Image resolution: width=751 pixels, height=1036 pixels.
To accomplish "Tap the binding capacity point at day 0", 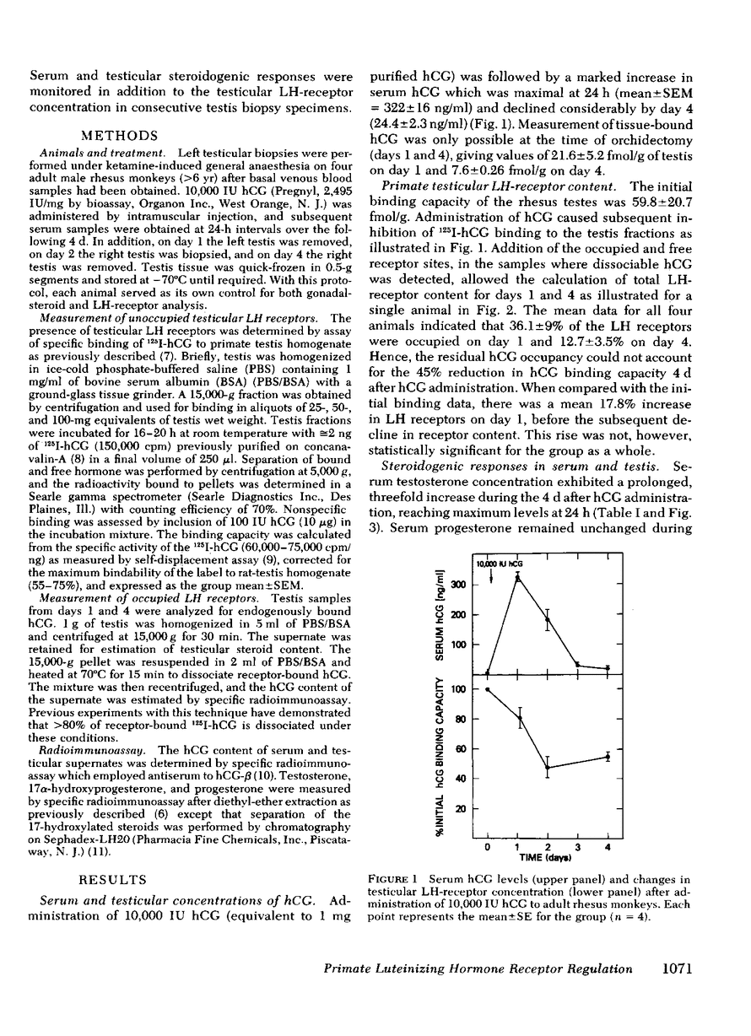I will (488, 689).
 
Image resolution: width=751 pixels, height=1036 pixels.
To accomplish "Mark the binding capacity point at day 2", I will (548, 768).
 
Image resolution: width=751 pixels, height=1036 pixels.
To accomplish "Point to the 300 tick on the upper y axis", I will (477, 584).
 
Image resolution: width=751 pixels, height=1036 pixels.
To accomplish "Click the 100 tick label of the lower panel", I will (458, 689).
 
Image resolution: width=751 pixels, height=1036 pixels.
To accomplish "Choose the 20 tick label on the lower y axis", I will (461, 809).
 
